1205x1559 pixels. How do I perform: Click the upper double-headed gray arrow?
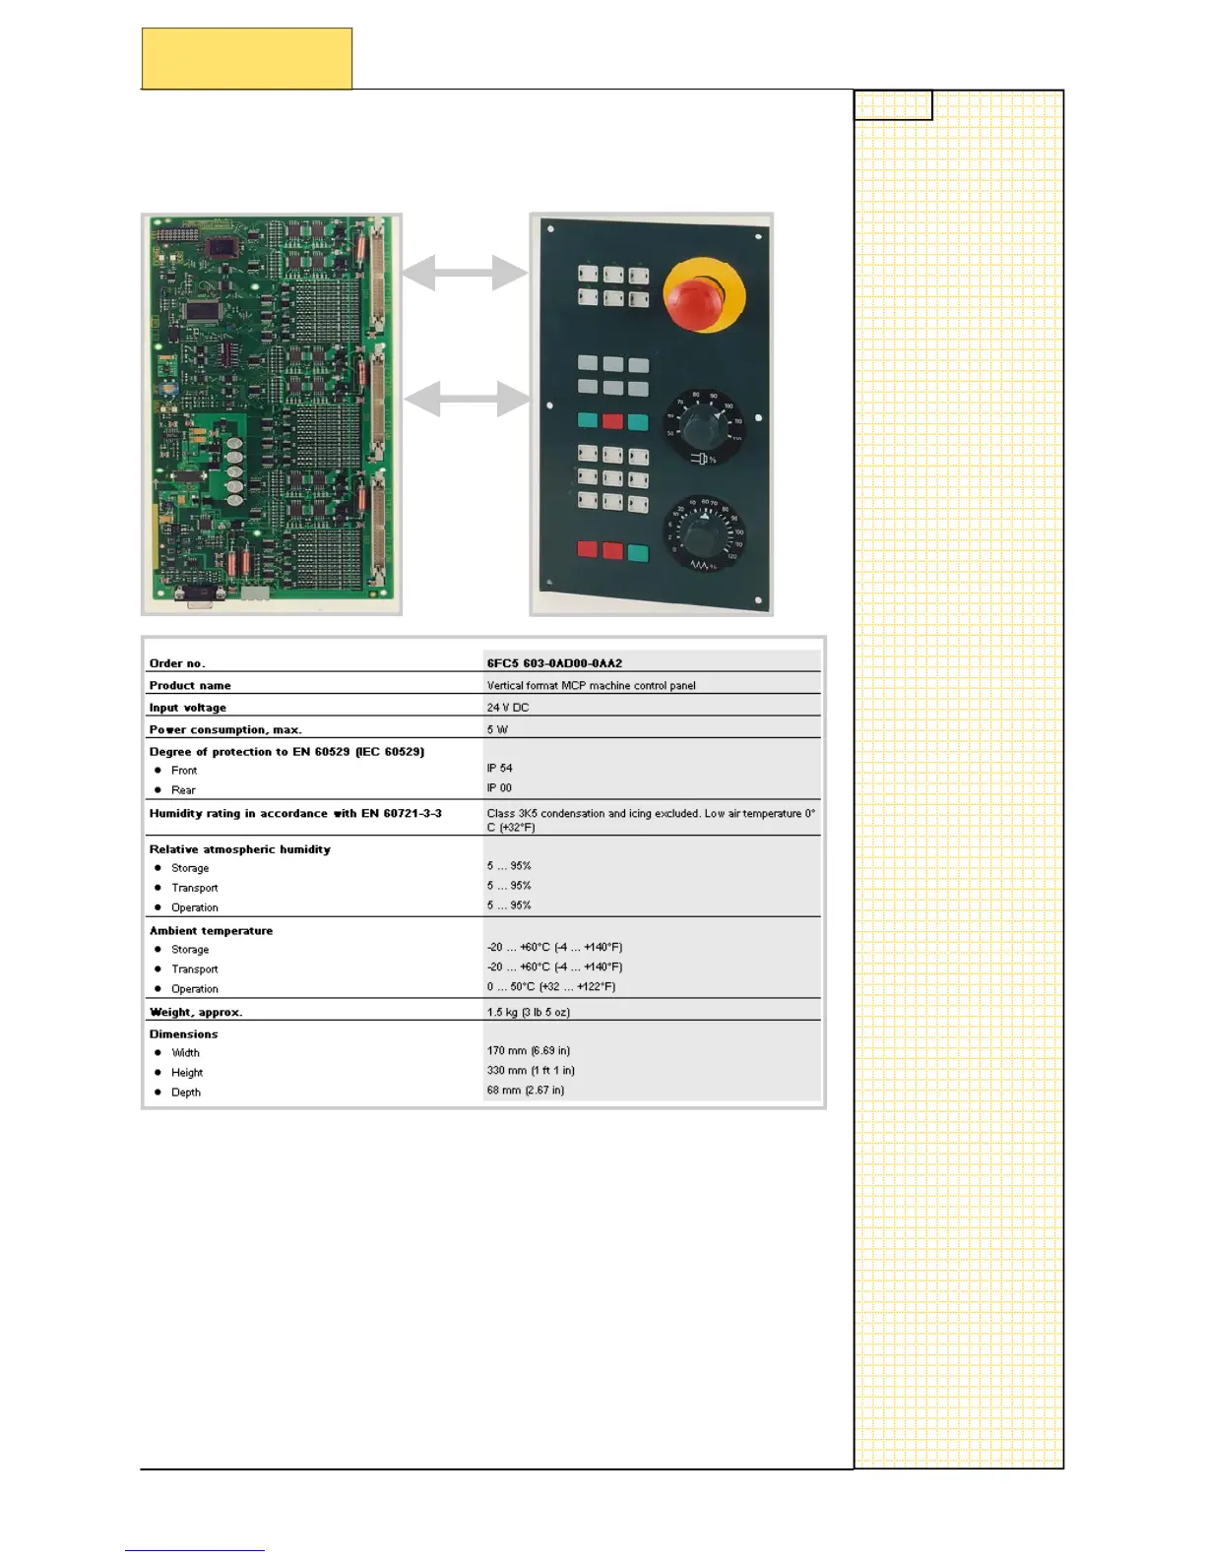point(465,273)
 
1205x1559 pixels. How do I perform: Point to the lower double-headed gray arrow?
point(467,399)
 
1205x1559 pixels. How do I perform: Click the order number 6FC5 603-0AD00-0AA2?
point(554,663)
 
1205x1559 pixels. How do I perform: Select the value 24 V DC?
point(508,708)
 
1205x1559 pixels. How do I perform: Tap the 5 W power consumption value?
point(497,729)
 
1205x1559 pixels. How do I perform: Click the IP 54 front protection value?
point(500,768)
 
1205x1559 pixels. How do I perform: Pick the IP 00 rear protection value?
point(500,787)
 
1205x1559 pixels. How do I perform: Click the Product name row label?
point(190,686)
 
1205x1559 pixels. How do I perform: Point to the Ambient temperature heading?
point(211,930)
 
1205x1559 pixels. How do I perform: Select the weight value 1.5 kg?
point(528,1012)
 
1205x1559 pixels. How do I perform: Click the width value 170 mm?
point(528,1051)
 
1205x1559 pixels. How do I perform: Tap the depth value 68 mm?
point(526,1091)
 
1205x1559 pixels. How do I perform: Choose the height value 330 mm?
point(531,1071)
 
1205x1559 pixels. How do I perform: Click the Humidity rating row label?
point(295,814)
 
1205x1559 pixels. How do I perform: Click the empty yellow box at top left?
point(247,59)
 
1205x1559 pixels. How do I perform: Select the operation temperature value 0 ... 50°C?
point(550,987)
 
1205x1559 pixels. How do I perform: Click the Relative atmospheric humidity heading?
point(240,849)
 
